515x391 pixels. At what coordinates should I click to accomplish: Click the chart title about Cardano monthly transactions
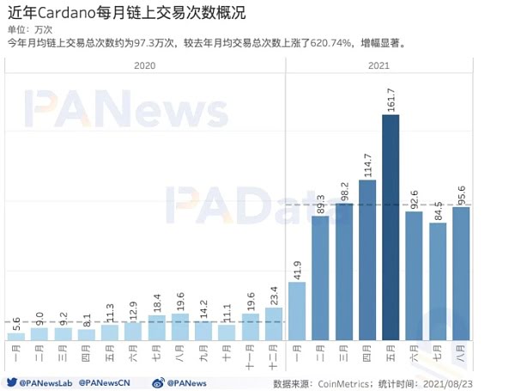tap(127, 13)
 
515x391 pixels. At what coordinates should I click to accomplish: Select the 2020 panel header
tap(144, 64)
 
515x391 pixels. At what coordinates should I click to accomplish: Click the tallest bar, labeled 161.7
tap(391, 227)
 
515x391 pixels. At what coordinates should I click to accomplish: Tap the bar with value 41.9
tap(297, 310)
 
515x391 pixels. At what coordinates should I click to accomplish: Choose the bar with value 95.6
tap(461, 273)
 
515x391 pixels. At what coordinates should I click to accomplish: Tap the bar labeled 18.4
tap(155, 327)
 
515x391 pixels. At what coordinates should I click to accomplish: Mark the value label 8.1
tap(86, 320)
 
